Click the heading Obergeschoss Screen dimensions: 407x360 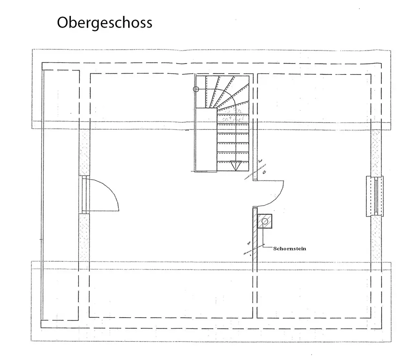pos(105,22)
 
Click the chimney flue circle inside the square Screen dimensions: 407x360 pos(265,221)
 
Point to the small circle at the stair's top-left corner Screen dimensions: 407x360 pos(196,89)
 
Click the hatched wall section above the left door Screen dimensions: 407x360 pos(84,153)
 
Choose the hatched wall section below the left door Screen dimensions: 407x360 pos(84,236)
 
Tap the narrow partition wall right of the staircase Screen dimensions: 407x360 pos(255,126)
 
